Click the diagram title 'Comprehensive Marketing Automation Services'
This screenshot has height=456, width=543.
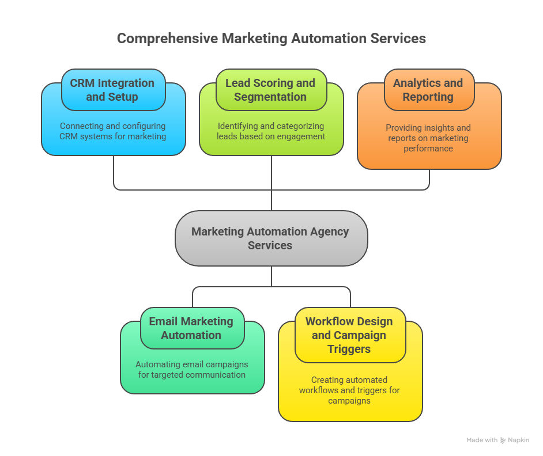271,39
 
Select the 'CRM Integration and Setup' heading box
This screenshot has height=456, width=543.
112,90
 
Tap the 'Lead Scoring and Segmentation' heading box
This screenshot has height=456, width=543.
270,90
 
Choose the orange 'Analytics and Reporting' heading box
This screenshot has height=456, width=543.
428,90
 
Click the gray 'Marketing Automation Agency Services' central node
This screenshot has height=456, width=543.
270,238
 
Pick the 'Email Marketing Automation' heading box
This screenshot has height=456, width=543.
191,328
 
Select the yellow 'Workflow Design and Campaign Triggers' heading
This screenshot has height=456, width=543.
349,335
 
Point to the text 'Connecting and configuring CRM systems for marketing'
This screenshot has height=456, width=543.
112,131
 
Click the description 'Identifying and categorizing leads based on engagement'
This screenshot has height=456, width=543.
270,131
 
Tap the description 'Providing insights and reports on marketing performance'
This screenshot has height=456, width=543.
428,138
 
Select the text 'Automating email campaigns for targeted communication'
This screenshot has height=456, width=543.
191,370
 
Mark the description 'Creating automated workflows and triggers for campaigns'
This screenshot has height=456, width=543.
349,390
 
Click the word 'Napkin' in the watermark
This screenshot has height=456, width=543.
518,440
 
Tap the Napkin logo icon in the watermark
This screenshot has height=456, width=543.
503,440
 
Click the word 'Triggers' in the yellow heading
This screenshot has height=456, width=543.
349,349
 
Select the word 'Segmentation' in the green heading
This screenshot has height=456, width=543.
270,97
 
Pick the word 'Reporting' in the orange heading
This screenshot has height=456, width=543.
428,97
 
